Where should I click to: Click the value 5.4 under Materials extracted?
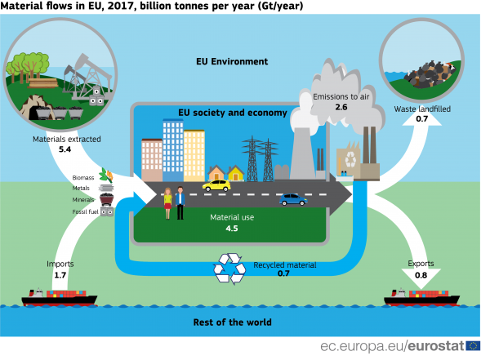tap(65, 150)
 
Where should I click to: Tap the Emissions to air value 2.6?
tap(341, 107)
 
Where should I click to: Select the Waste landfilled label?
tap(422, 109)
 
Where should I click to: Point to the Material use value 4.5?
tap(232, 229)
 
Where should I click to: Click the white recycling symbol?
tap(229, 268)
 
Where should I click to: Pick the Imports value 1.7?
tap(60, 275)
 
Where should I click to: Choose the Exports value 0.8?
tap(421, 275)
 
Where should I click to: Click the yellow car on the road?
tap(216, 185)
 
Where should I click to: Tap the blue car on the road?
tap(292, 199)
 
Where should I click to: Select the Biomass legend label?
tap(82, 177)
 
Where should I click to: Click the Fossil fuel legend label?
tap(84, 211)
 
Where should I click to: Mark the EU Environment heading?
tap(232, 61)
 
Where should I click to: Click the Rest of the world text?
tap(232, 322)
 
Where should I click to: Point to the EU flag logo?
tap(474, 346)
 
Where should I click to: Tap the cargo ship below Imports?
tap(59, 297)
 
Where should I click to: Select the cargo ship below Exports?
tap(421, 297)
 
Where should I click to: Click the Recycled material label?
tap(284, 264)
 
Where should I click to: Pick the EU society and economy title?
tap(233, 113)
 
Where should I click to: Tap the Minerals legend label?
tap(83, 199)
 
